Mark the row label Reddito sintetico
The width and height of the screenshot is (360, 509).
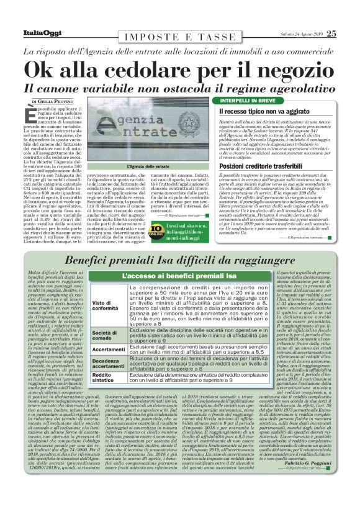(105, 378)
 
